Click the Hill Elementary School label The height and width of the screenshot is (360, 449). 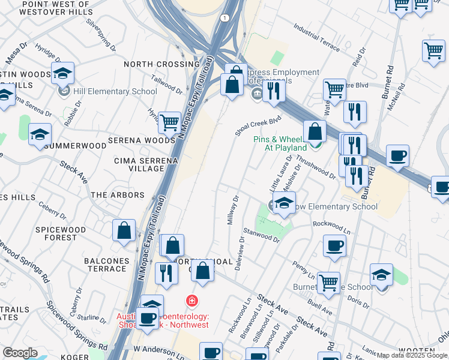coord(114,91)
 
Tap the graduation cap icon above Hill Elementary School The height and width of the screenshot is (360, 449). coord(62,74)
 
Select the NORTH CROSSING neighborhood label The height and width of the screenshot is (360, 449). coord(153,64)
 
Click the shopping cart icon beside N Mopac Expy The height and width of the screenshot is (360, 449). coord(170,122)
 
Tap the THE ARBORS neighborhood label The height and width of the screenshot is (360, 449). coord(118,195)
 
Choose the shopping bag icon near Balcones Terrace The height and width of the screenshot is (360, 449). coord(124,231)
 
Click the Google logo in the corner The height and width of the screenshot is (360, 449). coord(20,353)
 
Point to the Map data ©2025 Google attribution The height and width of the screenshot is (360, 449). coord(412,356)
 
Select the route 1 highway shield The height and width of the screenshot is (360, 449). coord(224,18)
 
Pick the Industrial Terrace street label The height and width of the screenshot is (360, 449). coord(317,37)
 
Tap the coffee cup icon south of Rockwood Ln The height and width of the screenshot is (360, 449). coord(334,245)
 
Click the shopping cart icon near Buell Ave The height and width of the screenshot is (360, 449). coord(328,283)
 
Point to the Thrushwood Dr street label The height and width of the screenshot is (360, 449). coord(316,167)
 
